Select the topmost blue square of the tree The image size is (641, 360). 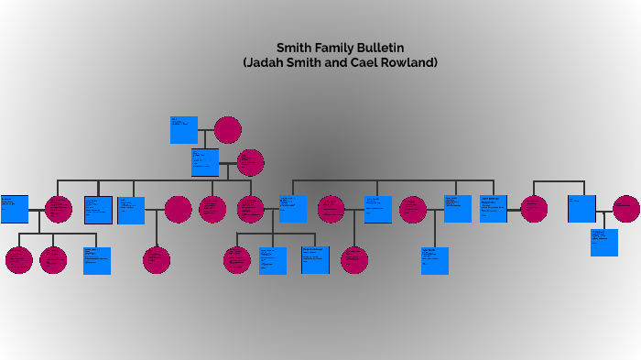[x=183, y=130]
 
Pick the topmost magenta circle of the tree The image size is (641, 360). [x=227, y=130]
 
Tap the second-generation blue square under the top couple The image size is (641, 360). [x=205, y=162]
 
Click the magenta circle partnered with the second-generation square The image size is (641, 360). [x=250, y=162]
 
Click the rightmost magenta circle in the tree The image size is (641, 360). [x=626, y=209]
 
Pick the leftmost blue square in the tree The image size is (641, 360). [x=14, y=209]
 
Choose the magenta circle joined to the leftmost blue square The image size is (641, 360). [x=58, y=209]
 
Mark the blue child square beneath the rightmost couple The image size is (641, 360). [x=603, y=242]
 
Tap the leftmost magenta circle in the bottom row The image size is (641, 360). [x=18, y=260]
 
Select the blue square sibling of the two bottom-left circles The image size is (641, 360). [x=97, y=260]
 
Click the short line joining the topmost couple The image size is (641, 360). [x=206, y=130]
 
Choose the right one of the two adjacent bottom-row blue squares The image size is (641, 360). [x=315, y=260]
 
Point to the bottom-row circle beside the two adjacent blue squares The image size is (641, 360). [x=236, y=260]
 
